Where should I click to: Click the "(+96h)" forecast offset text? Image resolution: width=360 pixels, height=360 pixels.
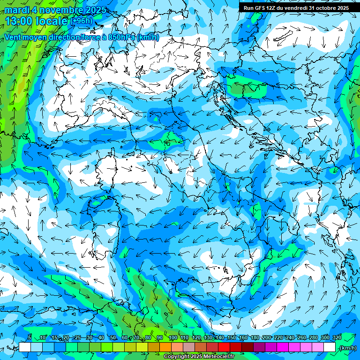(x=81, y=21)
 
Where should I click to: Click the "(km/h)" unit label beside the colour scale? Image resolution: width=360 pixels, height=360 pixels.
(x=347, y=348)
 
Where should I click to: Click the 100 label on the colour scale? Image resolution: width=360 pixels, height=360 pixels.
(x=172, y=337)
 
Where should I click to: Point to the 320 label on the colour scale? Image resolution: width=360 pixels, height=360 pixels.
(x=337, y=337)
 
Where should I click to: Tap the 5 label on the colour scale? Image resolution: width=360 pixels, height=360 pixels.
(x=30, y=337)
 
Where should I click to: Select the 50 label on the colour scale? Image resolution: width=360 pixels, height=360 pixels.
(x=113, y=337)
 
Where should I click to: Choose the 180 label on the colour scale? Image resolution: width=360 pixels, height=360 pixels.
(x=255, y=337)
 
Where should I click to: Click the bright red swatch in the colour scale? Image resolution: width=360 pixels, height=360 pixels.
(x=225, y=347)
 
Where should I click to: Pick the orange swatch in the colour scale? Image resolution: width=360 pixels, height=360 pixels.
(x=165, y=347)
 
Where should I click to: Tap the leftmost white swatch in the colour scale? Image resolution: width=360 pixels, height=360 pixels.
(x=25, y=347)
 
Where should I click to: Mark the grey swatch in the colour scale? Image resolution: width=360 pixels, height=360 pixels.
(x=189, y=347)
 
